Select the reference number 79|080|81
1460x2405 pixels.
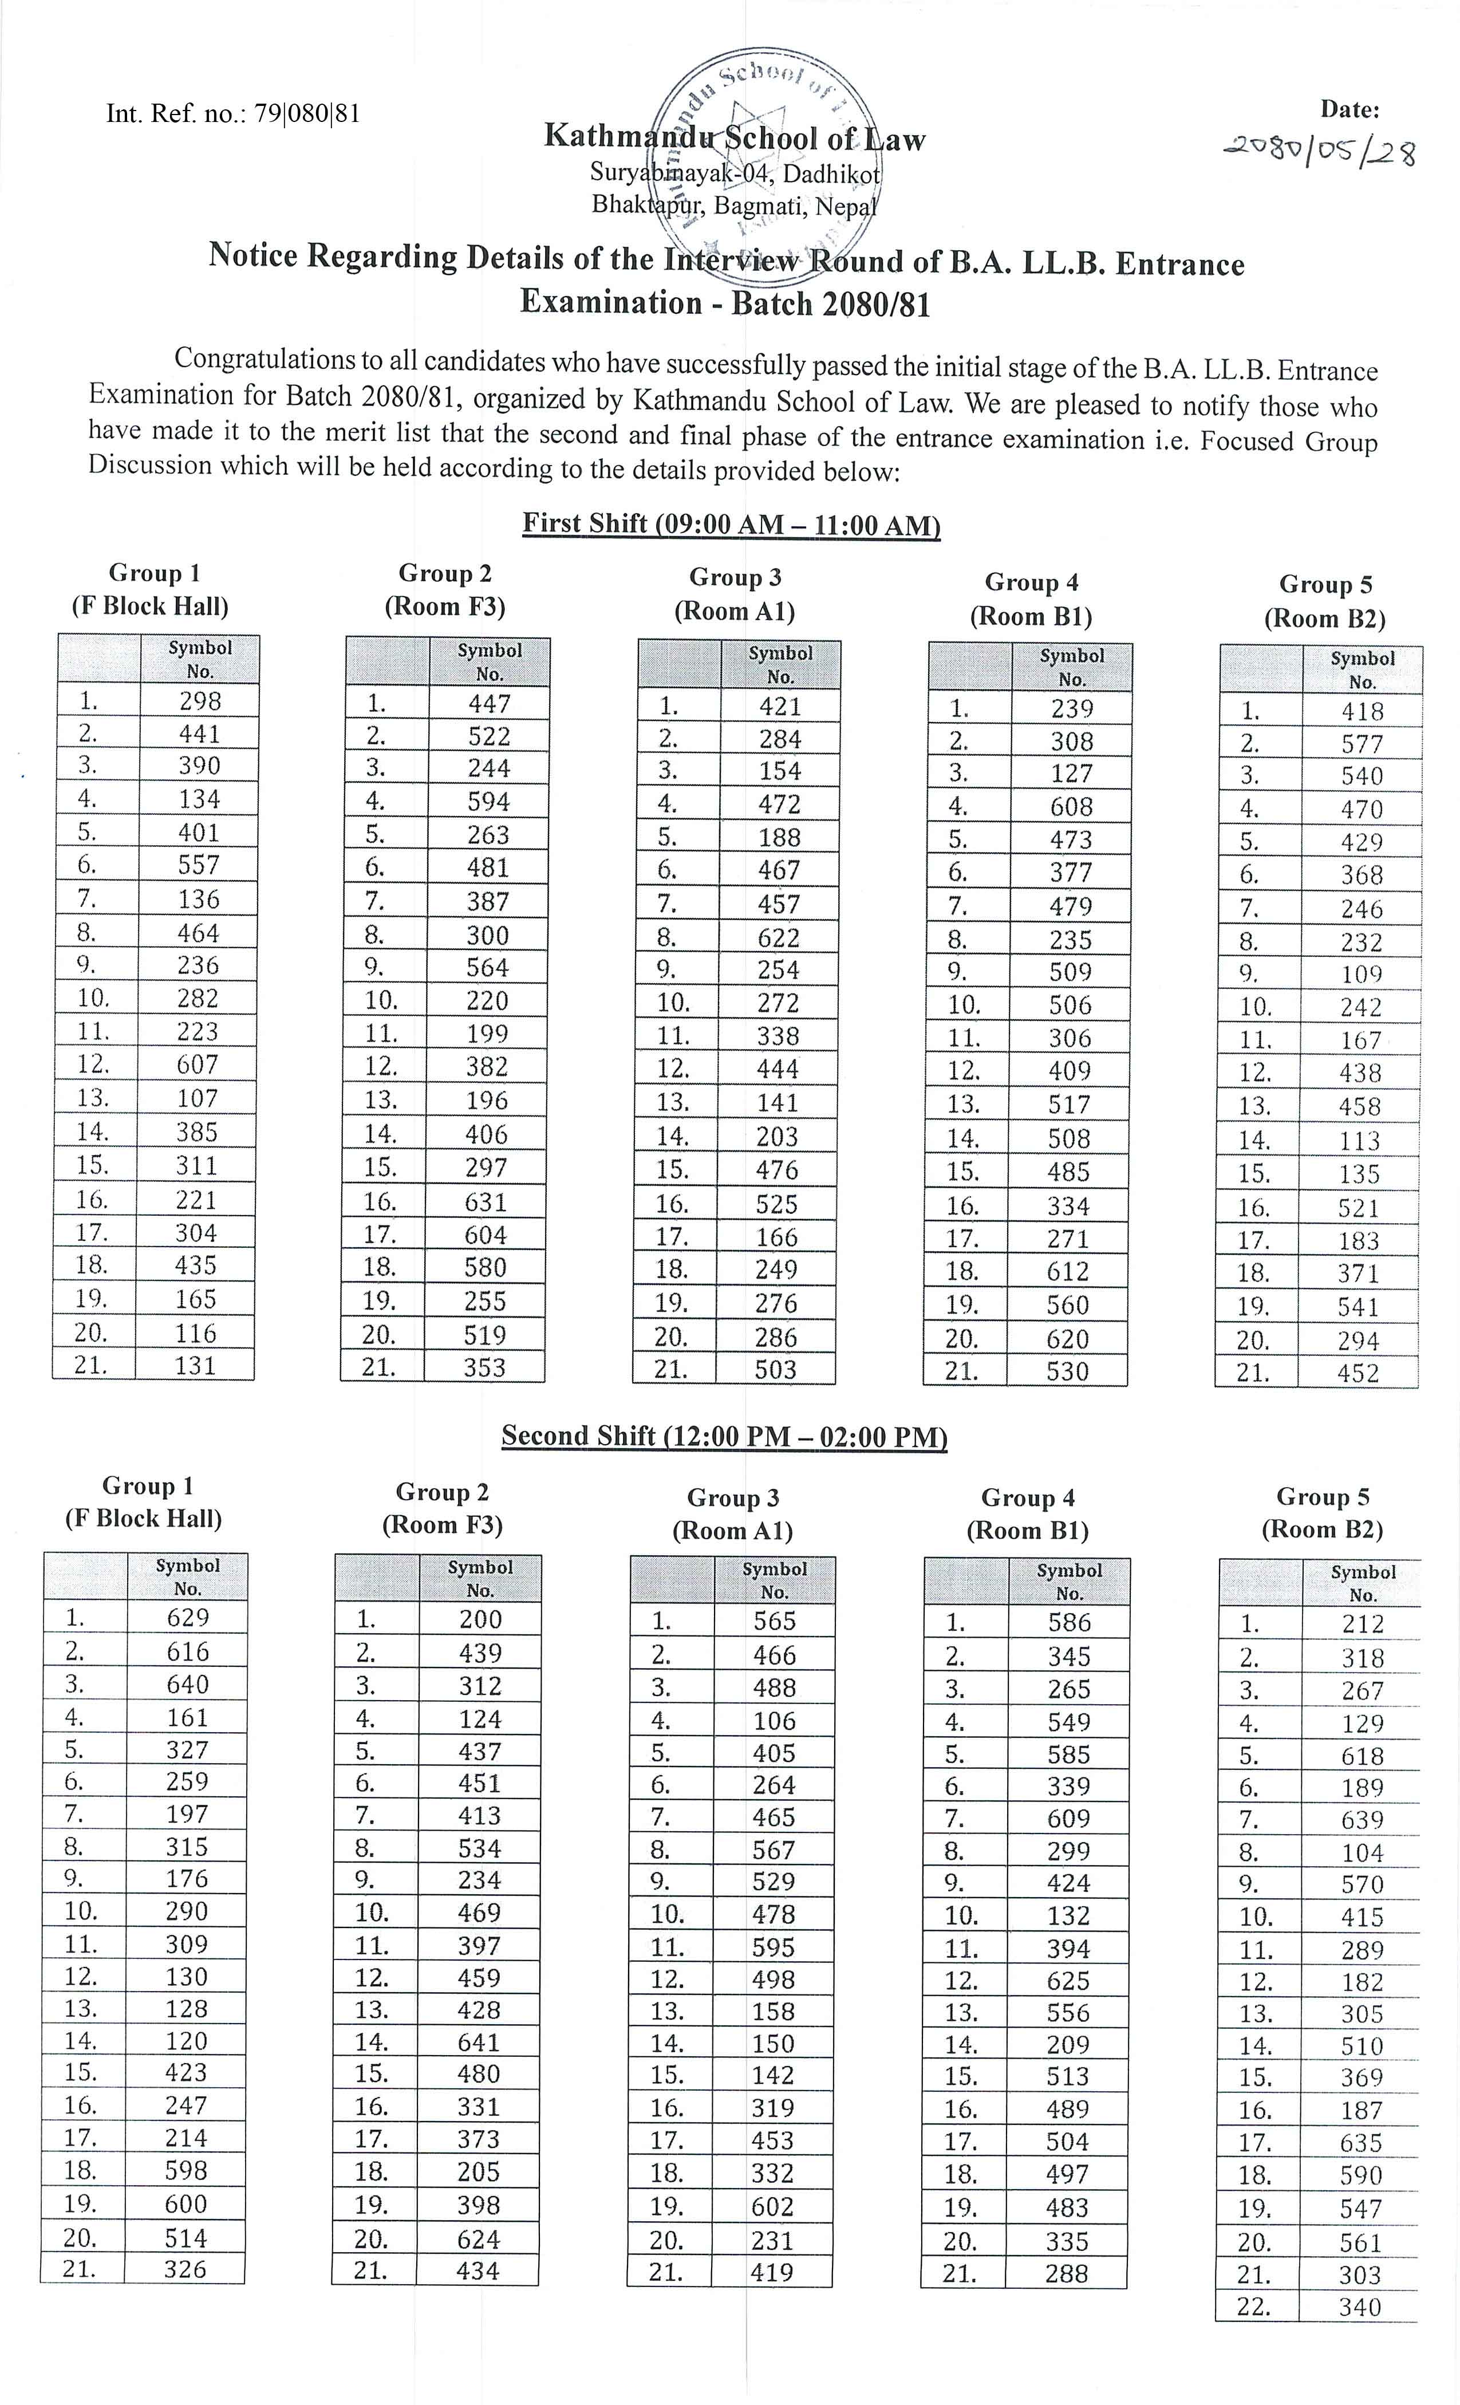point(307,113)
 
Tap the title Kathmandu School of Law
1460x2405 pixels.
point(734,137)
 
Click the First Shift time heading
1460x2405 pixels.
point(731,524)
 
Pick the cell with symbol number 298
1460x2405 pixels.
point(200,701)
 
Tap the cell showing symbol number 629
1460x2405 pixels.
point(187,1617)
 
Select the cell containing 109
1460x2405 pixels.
point(1362,974)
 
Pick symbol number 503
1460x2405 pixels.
point(776,1369)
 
